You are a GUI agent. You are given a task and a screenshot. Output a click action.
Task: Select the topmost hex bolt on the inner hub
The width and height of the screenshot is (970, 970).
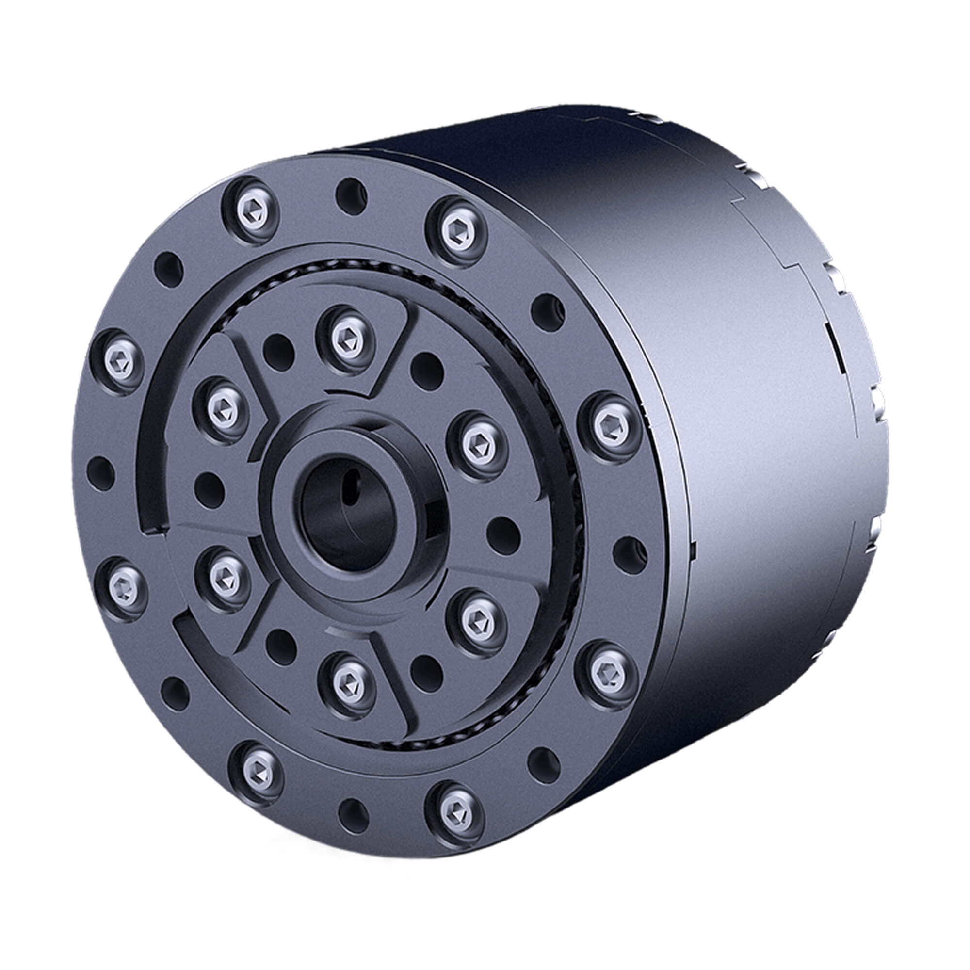pyautogui.click(x=347, y=339)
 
